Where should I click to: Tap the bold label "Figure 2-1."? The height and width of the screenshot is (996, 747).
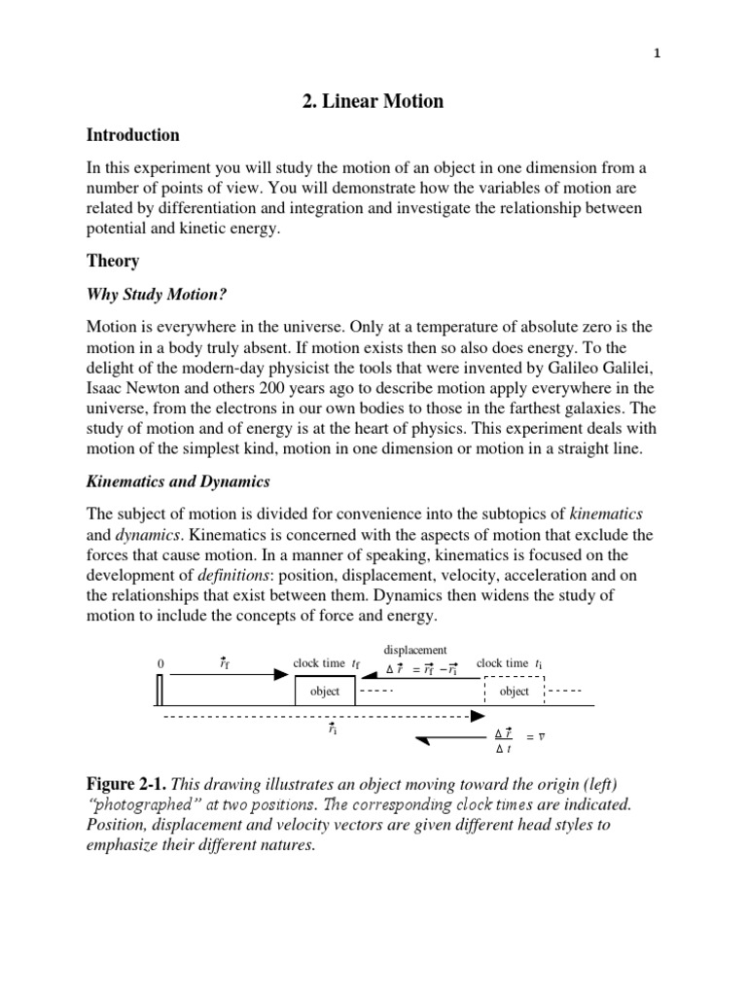coord(133,784)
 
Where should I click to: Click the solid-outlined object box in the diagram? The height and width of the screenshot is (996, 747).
coord(325,691)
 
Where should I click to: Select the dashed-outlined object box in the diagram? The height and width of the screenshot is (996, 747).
coord(514,691)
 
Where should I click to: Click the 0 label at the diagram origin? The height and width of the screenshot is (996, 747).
coord(160,663)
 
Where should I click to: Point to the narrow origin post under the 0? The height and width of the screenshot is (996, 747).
coord(160,690)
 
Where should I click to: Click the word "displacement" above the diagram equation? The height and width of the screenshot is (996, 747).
coord(415,650)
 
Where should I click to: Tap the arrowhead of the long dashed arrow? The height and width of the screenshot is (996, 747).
coord(477,718)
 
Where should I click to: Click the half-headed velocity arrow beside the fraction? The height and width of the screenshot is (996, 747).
coord(448,740)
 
